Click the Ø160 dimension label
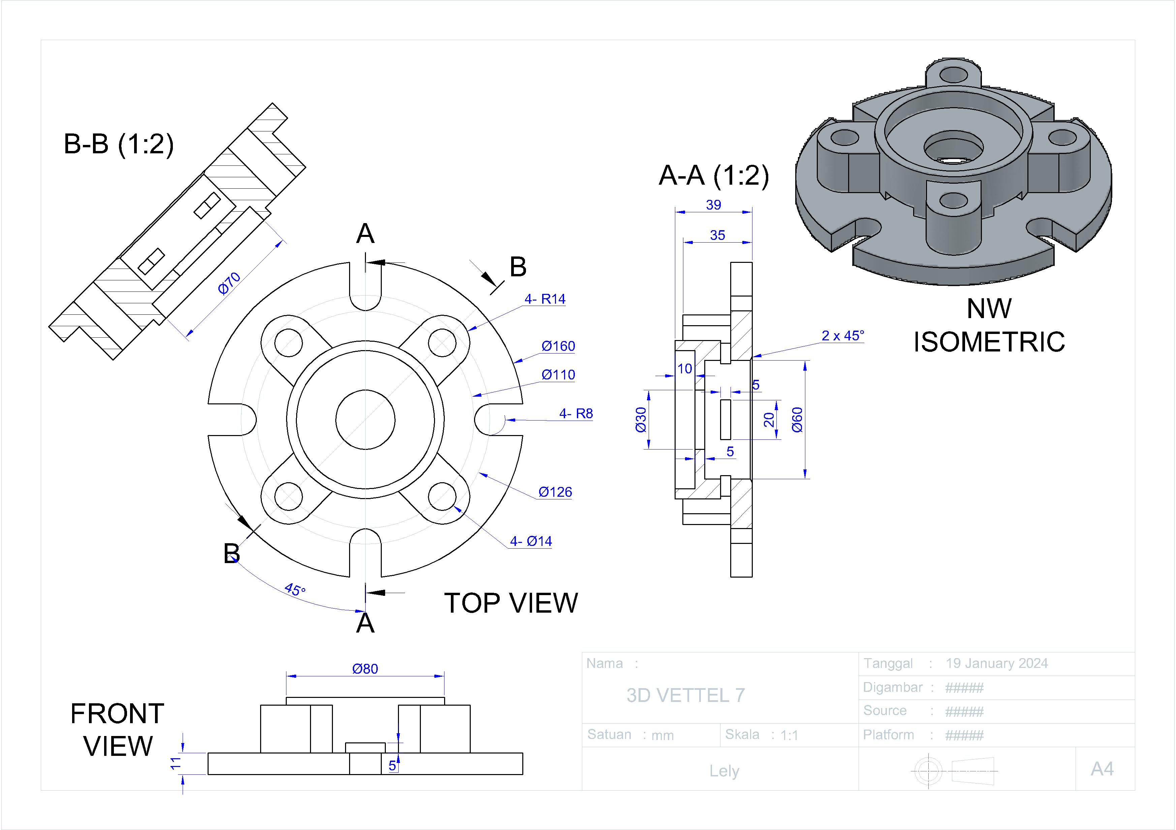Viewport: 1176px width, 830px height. (558, 346)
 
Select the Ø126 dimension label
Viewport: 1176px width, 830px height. (555, 492)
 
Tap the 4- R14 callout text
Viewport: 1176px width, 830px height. (545, 299)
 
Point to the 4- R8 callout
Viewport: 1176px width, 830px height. (576, 413)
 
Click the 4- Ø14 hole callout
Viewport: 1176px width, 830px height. (531, 541)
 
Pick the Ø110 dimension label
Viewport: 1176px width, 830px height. (558, 375)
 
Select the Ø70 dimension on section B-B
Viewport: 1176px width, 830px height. (229, 283)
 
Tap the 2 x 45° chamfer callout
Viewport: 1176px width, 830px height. (842, 336)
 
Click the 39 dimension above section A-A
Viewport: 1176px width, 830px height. (713, 205)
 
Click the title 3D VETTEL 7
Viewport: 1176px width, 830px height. (685, 695)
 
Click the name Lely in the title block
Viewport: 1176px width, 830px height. (724, 771)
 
